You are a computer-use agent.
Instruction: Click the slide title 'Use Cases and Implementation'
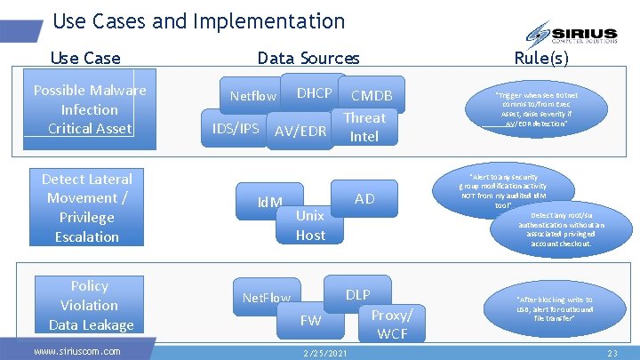pos(197,20)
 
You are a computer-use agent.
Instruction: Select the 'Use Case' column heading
pos(85,59)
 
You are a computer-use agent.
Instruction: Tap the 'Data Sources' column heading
pos(308,59)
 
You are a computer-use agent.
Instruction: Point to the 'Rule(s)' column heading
pos(540,59)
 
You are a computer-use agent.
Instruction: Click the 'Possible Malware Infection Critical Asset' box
pos(89,109)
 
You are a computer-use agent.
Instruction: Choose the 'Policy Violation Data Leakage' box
pos(90,305)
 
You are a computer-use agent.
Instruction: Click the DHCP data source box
pos(314,93)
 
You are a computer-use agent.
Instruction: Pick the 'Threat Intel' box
pos(364,127)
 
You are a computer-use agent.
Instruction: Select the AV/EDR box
pos(300,132)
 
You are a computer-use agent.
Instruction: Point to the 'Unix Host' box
pos(310,225)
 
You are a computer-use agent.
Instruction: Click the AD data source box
pos(364,198)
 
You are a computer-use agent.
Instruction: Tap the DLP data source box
pos(357,294)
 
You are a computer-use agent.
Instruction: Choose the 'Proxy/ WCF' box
pos(392,324)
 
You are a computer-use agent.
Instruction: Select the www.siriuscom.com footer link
pos(76,351)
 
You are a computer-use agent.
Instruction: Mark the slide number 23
pos(612,353)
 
